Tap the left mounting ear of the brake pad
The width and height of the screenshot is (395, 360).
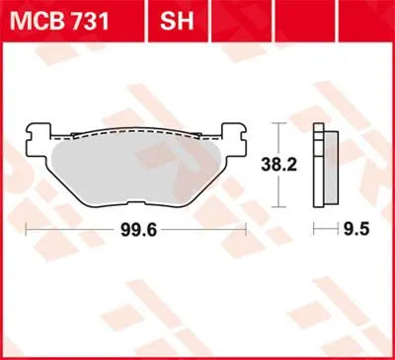37,135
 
